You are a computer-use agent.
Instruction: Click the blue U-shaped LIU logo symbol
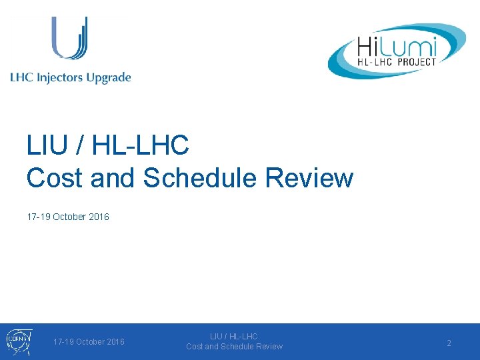tap(70, 39)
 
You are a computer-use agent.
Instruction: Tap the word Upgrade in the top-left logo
tap(108, 78)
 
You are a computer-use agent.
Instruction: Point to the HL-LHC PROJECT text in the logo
tap(396, 62)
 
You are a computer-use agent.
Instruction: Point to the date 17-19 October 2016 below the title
tap(68, 217)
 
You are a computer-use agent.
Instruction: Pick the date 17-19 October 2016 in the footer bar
tap(89, 342)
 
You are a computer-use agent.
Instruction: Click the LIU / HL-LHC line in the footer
tap(234, 337)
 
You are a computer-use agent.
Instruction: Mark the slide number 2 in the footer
tap(449, 343)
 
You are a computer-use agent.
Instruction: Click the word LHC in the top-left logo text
tap(21, 77)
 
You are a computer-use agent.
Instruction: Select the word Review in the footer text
tap(269, 347)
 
